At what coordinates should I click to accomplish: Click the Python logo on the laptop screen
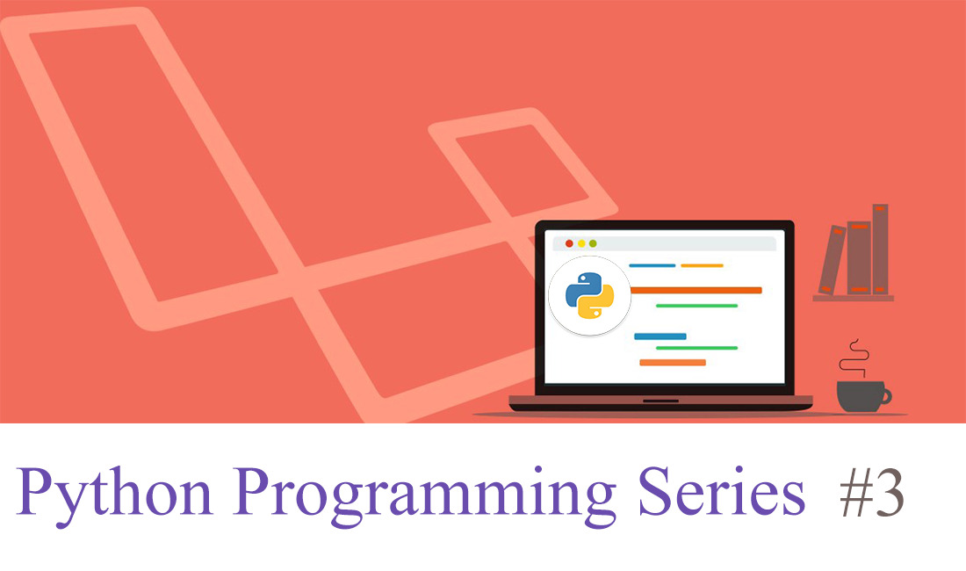click(x=589, y=296)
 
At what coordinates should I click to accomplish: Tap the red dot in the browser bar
click(x=569, y=243)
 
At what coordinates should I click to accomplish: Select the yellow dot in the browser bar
click(x=581, y=243)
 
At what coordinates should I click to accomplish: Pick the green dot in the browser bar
click(x=593, y=243)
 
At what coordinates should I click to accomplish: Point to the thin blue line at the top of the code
click(x=652, y=265)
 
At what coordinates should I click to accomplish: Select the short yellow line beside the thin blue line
click(x=703, y=265)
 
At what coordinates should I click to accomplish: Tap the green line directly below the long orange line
click(x=696, y=306)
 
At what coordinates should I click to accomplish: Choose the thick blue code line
click(x=660, y=336)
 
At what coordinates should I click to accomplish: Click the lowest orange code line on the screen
click(x=673, y=362)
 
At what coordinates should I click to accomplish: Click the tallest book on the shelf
click(x=880, y=249)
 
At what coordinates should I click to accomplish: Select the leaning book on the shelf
click(x=831, y=260)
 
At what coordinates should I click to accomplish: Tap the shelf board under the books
click(x=853, y=299)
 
